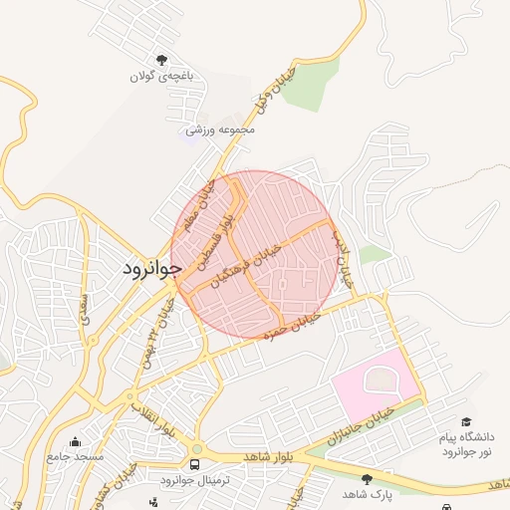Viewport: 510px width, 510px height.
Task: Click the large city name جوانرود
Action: click(x=152, y=268)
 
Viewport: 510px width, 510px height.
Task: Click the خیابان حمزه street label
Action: click(x=291, y=325)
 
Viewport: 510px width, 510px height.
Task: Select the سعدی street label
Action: click(x=86, y=308)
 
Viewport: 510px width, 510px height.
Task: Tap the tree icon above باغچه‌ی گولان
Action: click(x=161, y=60)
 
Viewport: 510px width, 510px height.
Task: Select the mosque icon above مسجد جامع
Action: click(x=75, y=441)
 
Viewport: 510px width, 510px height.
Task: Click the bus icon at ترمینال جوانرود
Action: click(x=194, y=464)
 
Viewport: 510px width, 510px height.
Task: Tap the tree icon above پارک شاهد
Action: click(x=367, y=479)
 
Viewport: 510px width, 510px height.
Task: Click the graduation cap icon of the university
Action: click(x=464, y=422)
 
